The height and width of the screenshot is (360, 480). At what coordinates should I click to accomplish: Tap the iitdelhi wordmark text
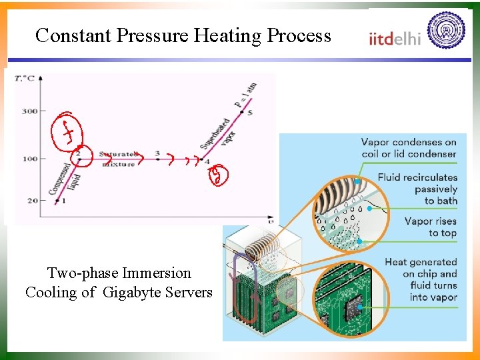[395, 38]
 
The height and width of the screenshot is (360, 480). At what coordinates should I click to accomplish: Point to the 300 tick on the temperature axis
[29, 111]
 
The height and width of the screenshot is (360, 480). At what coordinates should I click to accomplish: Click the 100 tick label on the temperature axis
[29, 159]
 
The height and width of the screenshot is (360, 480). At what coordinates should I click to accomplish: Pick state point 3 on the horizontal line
[157, 155]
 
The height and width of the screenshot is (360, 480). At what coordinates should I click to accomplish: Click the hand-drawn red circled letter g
[218, 176]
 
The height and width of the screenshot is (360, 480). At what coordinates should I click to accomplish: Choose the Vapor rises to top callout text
[430, 227]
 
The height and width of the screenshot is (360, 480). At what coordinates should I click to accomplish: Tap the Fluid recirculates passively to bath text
[417, 189]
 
